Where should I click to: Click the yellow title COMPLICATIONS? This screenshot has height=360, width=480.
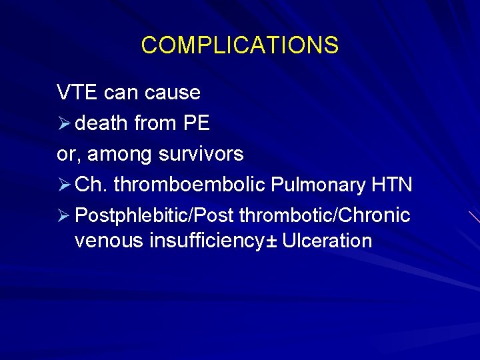coord(240,45)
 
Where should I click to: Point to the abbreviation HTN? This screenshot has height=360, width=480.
coord(392,185)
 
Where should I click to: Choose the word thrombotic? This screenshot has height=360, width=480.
coord(289,215)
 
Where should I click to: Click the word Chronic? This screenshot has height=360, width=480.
coord(377,215)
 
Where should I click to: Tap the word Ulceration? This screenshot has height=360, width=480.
coord(327,240)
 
